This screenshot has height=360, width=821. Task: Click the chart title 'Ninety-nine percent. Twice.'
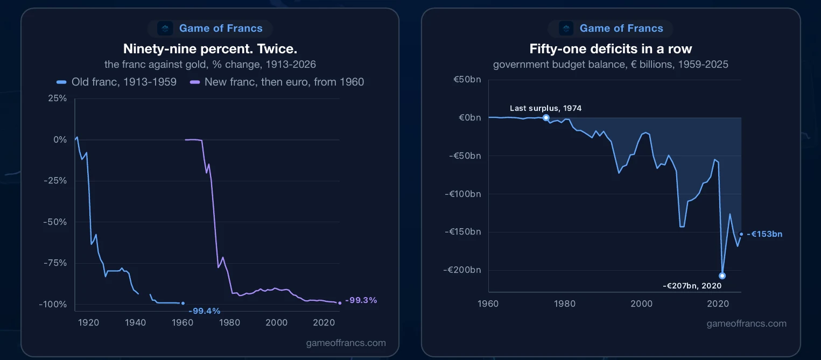coord(210,49)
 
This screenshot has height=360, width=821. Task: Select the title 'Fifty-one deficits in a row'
coord(611,49)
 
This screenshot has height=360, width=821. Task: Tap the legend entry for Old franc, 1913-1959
coord(116,82)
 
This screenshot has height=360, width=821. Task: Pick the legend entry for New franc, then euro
coord(277,82)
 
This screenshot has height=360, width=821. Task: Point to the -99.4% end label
coord(204,311)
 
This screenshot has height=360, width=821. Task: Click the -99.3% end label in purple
coord(361,300)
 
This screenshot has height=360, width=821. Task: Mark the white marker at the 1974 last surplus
coord(546,117)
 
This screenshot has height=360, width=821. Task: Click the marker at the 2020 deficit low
coord(722,276)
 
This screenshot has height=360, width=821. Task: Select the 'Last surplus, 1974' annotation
coord(545,108)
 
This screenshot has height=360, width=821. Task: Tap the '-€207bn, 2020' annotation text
coord(692,286)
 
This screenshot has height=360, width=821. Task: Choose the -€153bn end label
coord(764,234)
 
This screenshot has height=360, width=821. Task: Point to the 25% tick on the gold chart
coord(58,98)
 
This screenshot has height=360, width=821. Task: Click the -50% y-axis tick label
coord(55,222)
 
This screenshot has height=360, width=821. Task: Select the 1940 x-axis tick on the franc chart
coord(135,322)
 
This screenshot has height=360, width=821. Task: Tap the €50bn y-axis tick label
coord(467,80)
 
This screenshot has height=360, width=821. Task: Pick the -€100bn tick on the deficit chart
coord(462,194)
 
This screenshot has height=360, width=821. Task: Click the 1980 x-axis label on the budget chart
coord(564,303)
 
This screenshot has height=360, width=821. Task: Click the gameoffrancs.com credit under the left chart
coord(346,343)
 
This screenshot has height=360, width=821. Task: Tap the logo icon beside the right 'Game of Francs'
coord(566,28)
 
